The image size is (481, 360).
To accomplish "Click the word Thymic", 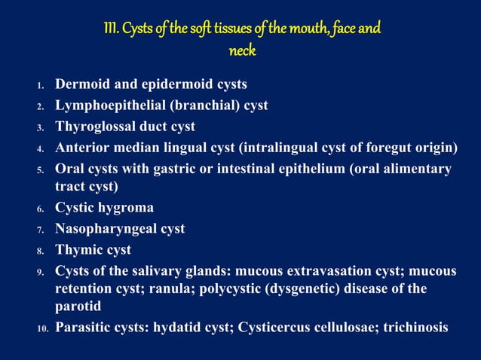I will click(x=78, y=249).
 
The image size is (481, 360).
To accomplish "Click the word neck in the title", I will click(x=241, y=51).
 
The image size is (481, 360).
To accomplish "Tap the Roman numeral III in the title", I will click(x=110, y=29).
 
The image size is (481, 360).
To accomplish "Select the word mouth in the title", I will click(x=302, y=29).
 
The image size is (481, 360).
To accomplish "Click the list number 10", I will click(x=43, y=328).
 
